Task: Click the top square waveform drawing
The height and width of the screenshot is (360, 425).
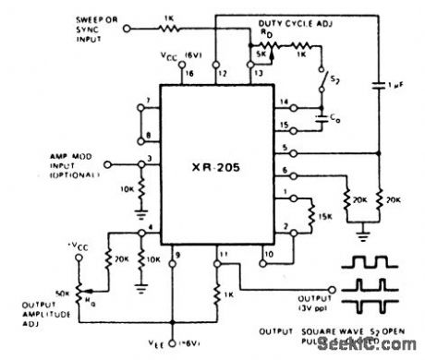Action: [x=375, y=266]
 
